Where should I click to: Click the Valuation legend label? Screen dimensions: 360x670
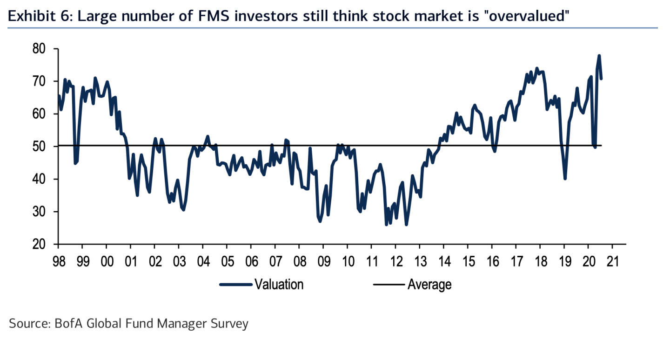279,284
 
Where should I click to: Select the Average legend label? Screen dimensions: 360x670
429,284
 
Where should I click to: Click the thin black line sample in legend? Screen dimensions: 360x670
389,284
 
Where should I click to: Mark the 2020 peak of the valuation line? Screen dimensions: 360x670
599,56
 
